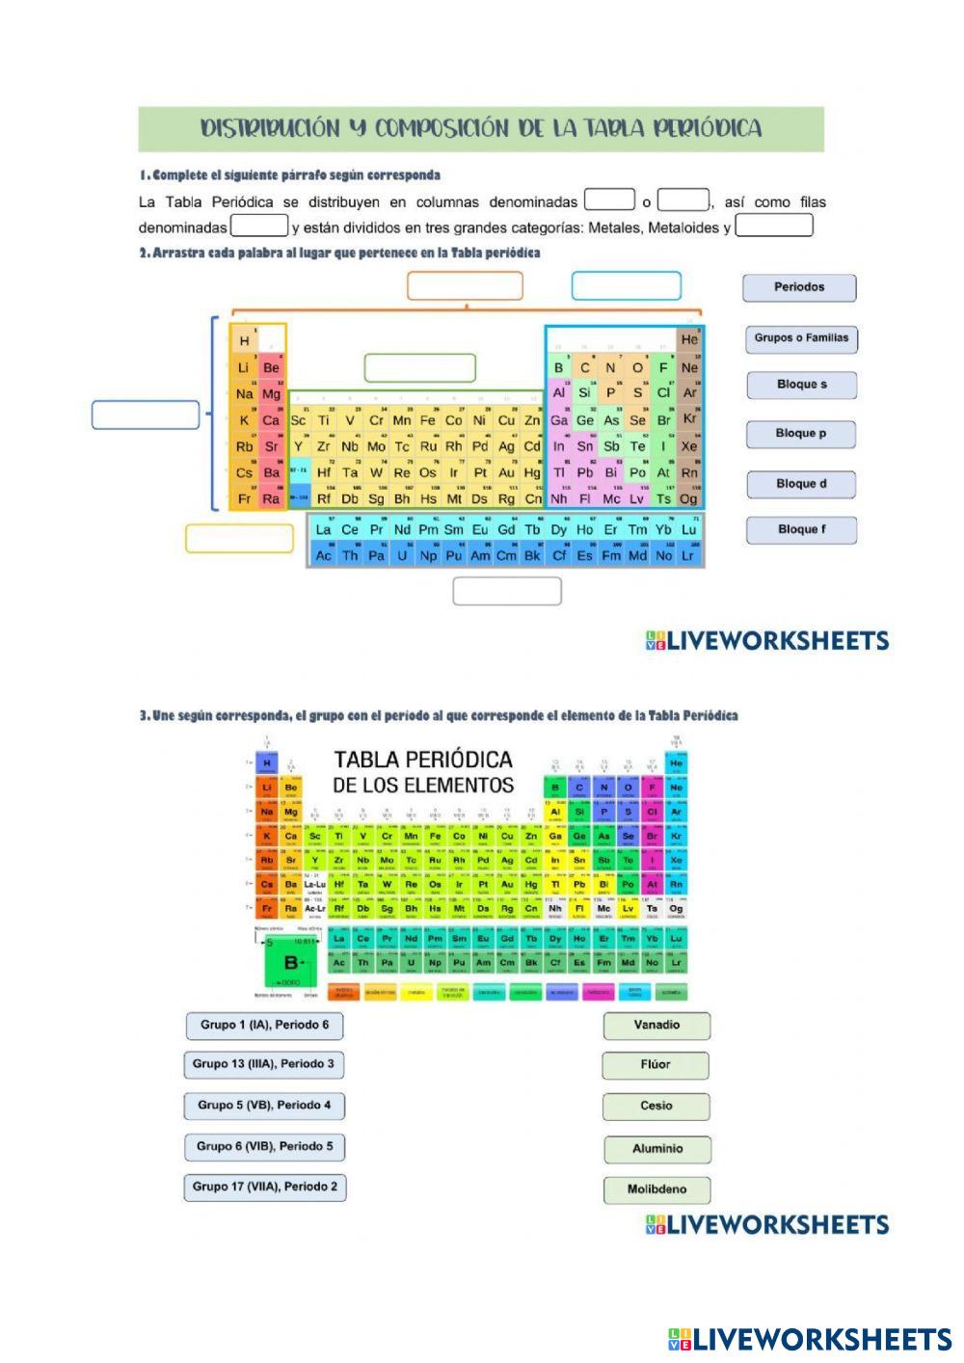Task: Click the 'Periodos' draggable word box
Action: (x=799, y=287)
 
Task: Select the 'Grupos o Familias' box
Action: (x=801, y=338)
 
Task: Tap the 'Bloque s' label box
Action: (x=801, y=385)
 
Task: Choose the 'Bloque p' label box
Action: (x=800, y=434)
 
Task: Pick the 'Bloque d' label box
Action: (x=800, y=484)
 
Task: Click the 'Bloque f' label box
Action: (x=800, y=529)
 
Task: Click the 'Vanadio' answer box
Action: (x=656, y=1026)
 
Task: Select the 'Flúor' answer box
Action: (x=656, y=1065)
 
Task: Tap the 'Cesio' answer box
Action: (x=656, y=1107)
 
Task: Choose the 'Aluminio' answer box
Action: (x=656, y=1149)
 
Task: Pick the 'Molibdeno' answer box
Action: (x=656, y=1189)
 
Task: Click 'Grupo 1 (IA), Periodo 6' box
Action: (x=264, y=1026)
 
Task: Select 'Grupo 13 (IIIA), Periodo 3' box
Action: (x=263, y=1064)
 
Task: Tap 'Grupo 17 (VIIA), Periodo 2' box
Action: (x=264, y=1187)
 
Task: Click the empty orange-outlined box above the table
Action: (x=465, y=286)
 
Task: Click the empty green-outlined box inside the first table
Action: (x=419, y=367)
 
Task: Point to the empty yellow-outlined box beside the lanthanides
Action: (x=239, y=539)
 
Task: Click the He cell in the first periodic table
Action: (x=689, y=340)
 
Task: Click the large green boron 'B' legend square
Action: (x=289, y=962)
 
